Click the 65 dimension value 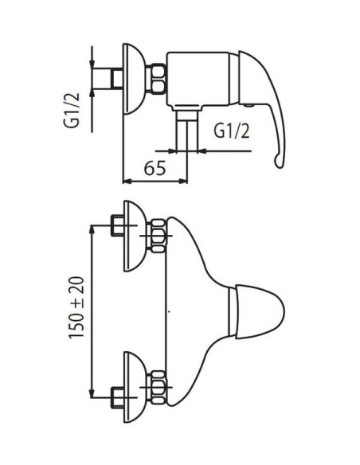(x=155, y=169)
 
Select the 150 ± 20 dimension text (x=76, y=307)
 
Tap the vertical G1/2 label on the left (x=72, y=110)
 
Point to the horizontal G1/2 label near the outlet (x=232, y=131)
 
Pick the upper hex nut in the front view (x=157, y=236)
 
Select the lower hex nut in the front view (x=157, y=387)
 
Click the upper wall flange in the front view (x=135, y=236)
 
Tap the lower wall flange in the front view (x=135, y=387)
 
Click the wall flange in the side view (x=135, y=79)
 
